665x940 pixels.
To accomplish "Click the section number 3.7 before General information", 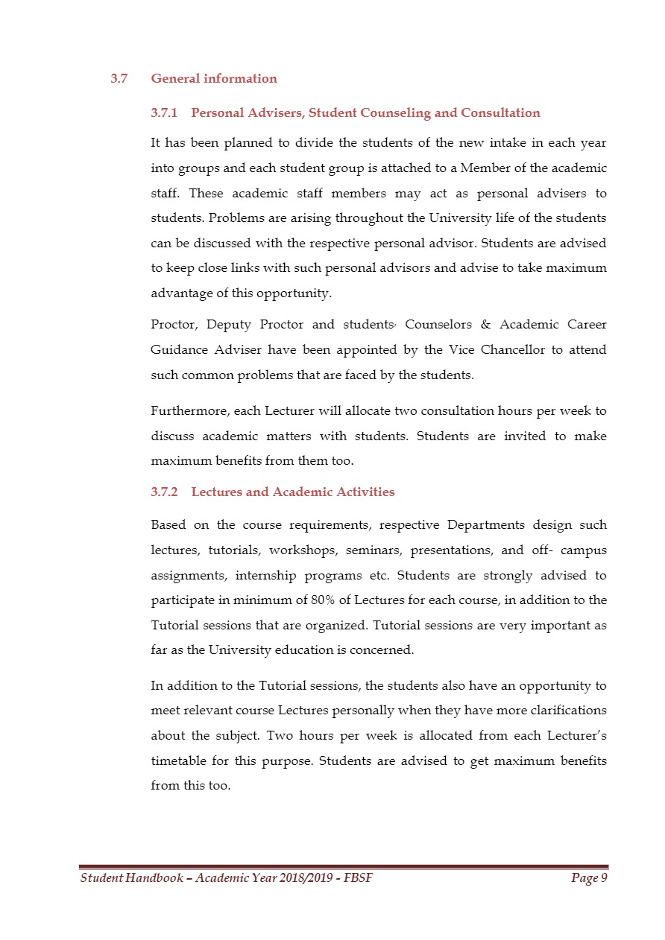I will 119,79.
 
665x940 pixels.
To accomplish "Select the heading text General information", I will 214,79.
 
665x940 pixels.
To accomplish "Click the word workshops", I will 297,550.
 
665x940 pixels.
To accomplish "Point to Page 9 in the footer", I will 589,879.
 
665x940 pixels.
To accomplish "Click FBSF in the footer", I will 359,879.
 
